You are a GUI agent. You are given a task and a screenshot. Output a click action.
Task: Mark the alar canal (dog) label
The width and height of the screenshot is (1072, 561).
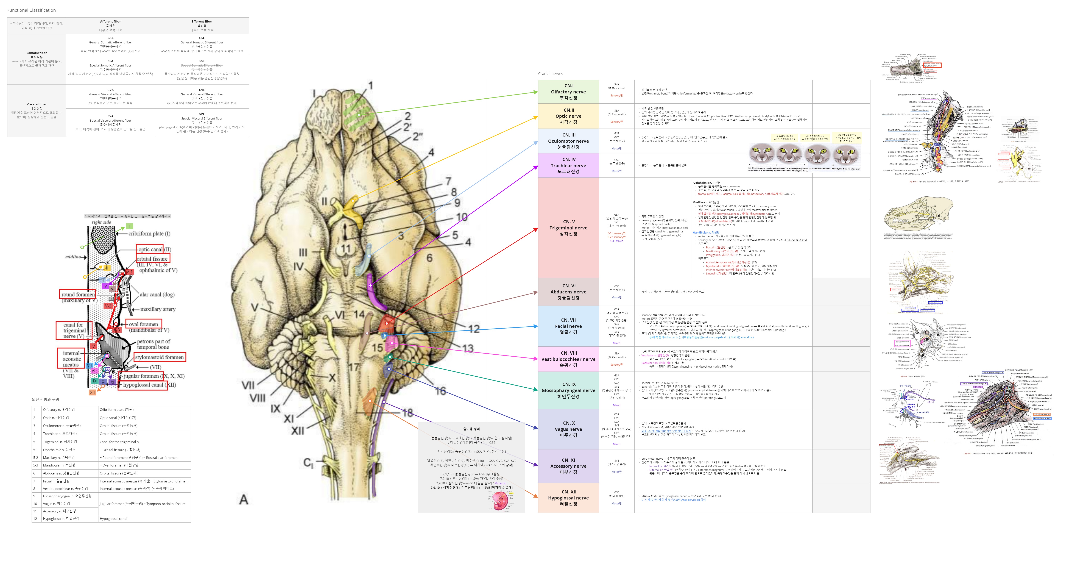(x=157, y=295)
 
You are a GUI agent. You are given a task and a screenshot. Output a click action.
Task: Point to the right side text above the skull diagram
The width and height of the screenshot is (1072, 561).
(x=102, y=222)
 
